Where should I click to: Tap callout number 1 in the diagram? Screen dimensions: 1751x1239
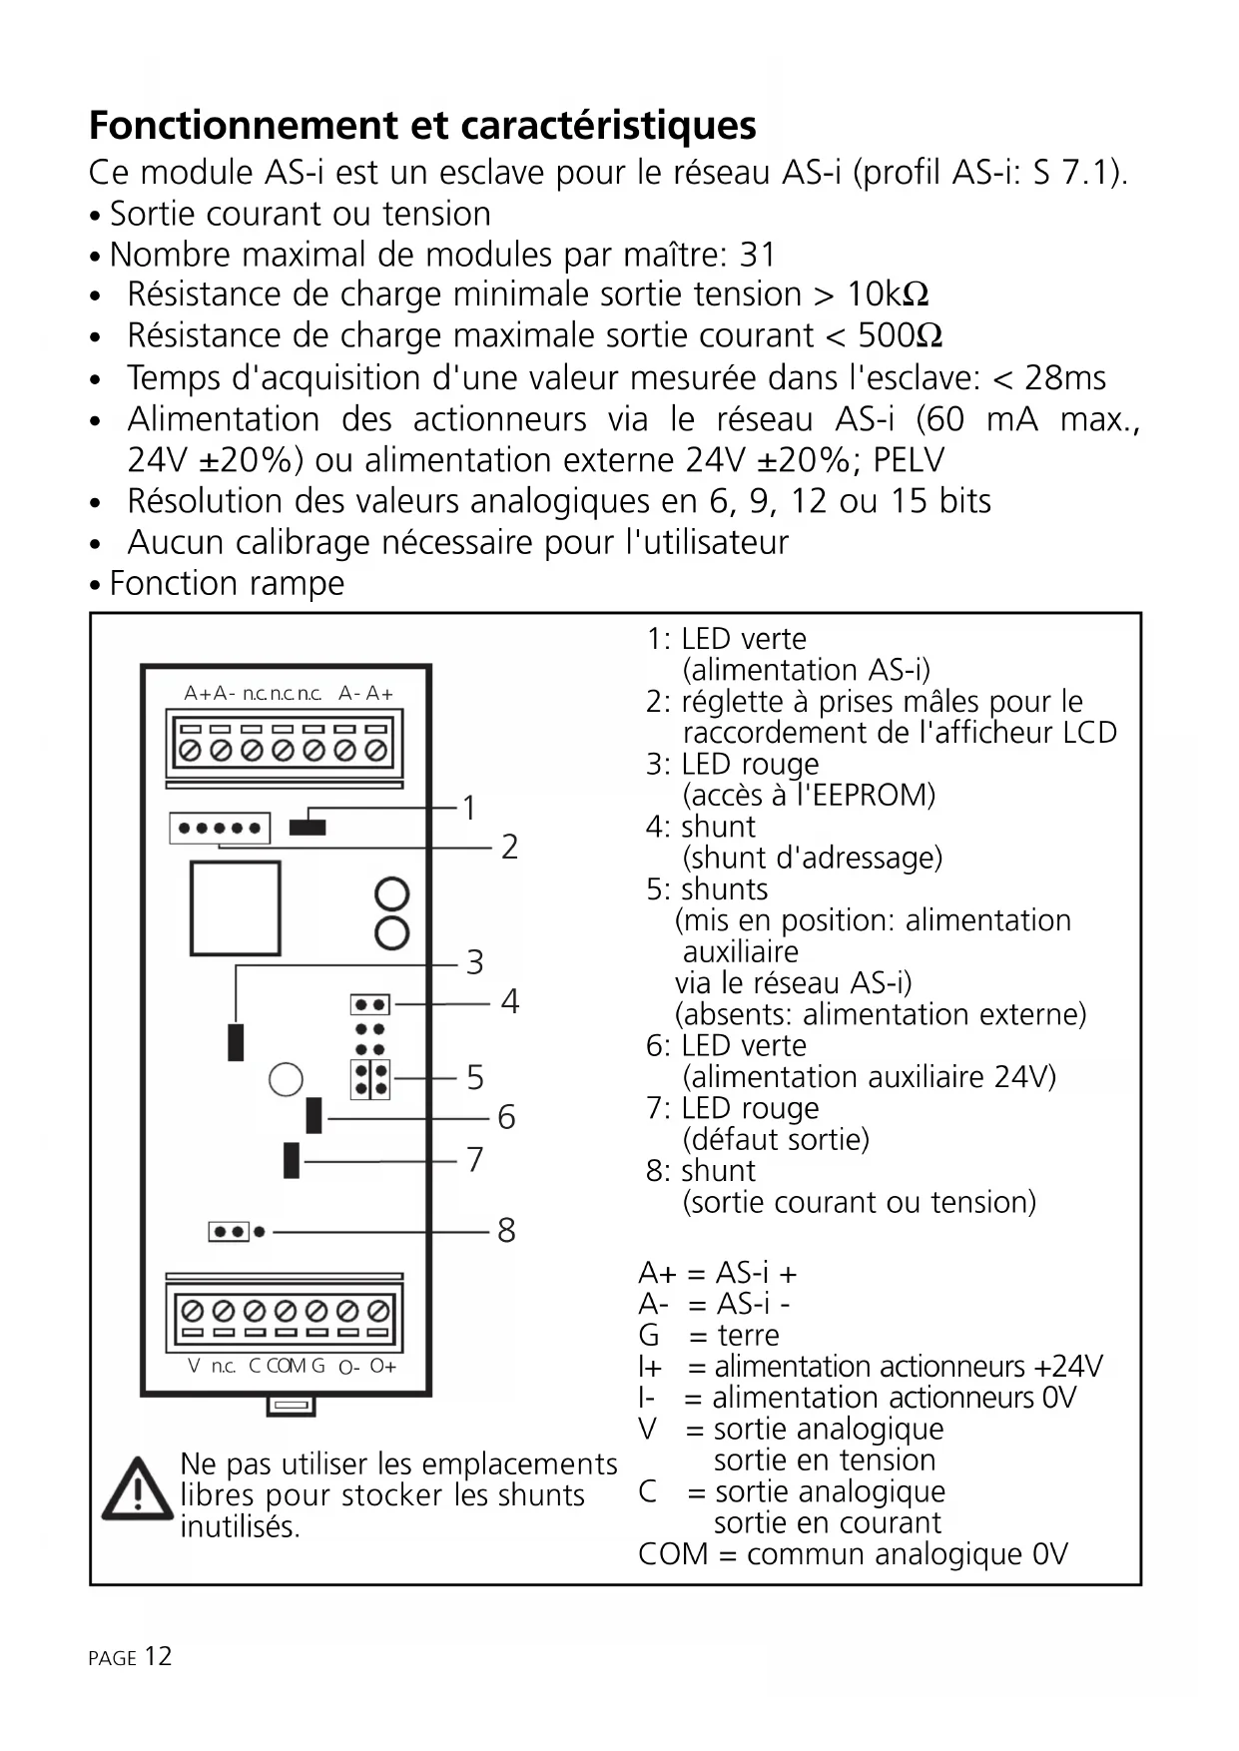pyautogui.click(x=469, y=808)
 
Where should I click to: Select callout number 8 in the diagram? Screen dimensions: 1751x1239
pyautogui.click(x=506, y=1230)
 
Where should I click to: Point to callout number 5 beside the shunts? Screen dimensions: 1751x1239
pyautogui.click(x=474, y=1077)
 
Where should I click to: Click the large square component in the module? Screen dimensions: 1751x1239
pyautogui.click(x=236, y=907)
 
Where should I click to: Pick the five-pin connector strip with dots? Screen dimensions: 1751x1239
pyautogui.click(x=221, y=828)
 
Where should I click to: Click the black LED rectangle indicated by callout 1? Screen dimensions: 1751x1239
pyautogui.click(x=308, y=827)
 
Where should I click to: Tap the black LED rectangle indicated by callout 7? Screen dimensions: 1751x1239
pyautogui.click(x=292, y=1160)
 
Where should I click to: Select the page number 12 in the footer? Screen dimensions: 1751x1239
pyautogui.click(x=158, y=1656)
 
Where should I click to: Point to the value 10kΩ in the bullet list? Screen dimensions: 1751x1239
pyautogui.click(x=888, y=294)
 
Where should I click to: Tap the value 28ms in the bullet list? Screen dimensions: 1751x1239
pyautogui.click(x=1064, y=378)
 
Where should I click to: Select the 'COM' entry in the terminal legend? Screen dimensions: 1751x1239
pyautogui.click(x=673, y=1554)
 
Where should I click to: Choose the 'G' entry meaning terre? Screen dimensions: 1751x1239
pyautogui.click(x=649, y=1335)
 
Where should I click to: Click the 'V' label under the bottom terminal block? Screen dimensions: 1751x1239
pyautogui.click(x=194, y=1366)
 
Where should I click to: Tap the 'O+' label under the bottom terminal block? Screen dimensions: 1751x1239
pyautogui.click(x=383, y=1366)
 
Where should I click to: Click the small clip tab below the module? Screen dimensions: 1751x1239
pyautogui.click(x=291, y=1406)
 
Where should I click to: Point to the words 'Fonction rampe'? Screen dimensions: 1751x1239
pyautogui.click(x=227, y=583)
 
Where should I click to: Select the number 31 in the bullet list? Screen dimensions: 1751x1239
pyautogui.click(x=757, y=255)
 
